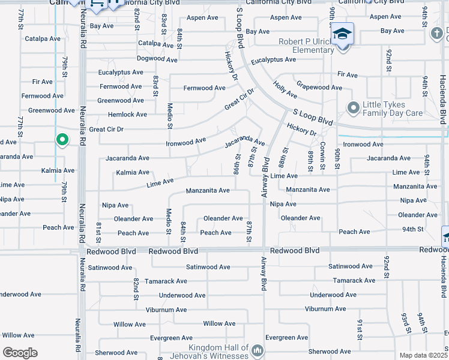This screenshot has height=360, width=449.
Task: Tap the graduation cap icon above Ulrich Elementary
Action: coord(342,34)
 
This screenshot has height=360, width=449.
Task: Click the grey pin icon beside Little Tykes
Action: coord(353,108)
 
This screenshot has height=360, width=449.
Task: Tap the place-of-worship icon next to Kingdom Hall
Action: coord(258,350)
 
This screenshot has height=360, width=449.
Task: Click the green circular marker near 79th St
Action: coord(62,140)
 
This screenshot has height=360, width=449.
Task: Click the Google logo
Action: coord(20,353)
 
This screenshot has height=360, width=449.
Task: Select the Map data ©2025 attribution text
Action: coord(423,355)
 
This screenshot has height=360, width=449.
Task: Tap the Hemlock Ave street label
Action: coord(127,115)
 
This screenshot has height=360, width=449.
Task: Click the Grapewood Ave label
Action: coord(319,87)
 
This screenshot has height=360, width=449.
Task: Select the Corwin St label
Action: coord(323,158)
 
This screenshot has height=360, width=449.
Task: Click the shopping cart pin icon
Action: coord(97,5)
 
